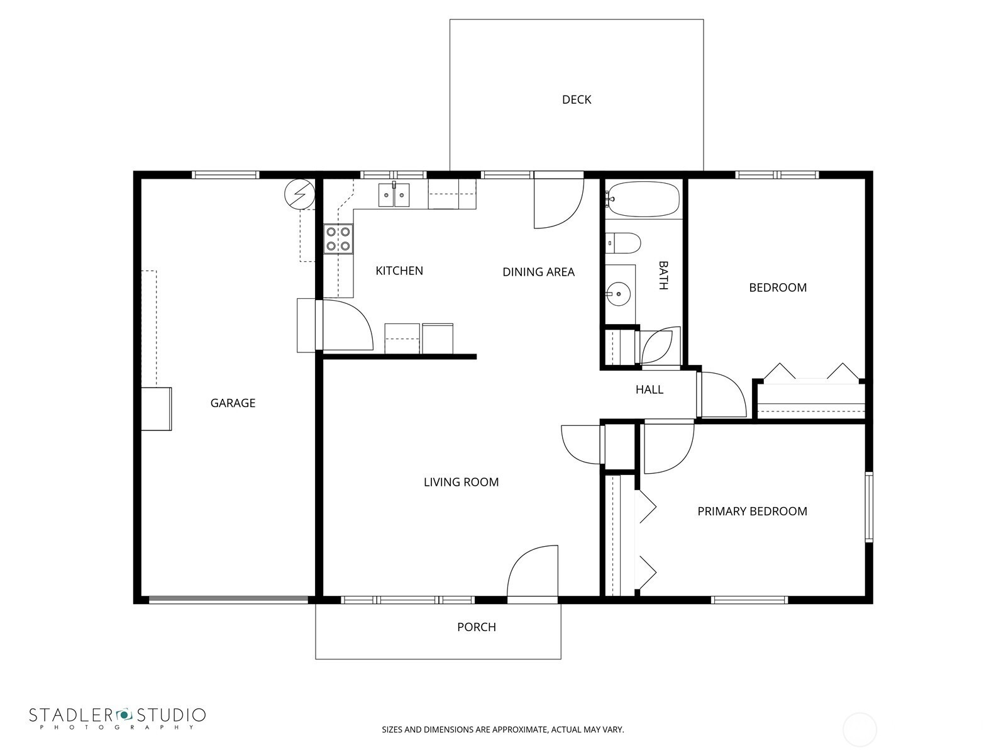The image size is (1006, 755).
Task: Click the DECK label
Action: point(576,99)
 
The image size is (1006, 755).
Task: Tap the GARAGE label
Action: point(233,403)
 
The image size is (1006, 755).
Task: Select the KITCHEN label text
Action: point(399,271)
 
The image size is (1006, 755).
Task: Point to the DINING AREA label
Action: point(538,272)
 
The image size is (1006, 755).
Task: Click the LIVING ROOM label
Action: point(461,482)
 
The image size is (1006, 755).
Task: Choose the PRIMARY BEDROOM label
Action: point(752,511)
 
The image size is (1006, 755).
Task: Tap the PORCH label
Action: point(477,627)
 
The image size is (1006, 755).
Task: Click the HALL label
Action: point(649,389)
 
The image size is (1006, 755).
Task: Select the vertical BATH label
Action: point(663,275)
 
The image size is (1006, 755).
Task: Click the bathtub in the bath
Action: point(643,199)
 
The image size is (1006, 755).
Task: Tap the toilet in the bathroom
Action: point(622,243)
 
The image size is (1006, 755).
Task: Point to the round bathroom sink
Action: point(618,294)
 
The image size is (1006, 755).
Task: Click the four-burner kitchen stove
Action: point(338,239)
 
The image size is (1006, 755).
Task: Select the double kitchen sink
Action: point(394,194)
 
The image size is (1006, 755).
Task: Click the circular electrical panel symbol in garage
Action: point(300,194)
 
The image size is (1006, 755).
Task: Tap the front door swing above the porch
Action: point(532,571)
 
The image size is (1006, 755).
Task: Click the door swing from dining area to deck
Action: point(559,203)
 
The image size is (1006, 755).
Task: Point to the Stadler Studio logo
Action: point(118,718)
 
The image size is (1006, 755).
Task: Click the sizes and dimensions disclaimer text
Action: point(503,729)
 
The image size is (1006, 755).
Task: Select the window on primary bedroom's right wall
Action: point(869,507)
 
